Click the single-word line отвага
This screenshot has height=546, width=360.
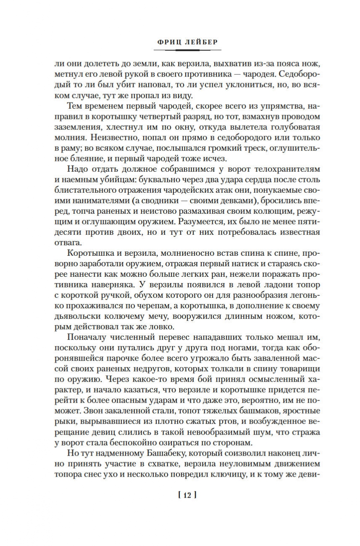coord(67,242)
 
